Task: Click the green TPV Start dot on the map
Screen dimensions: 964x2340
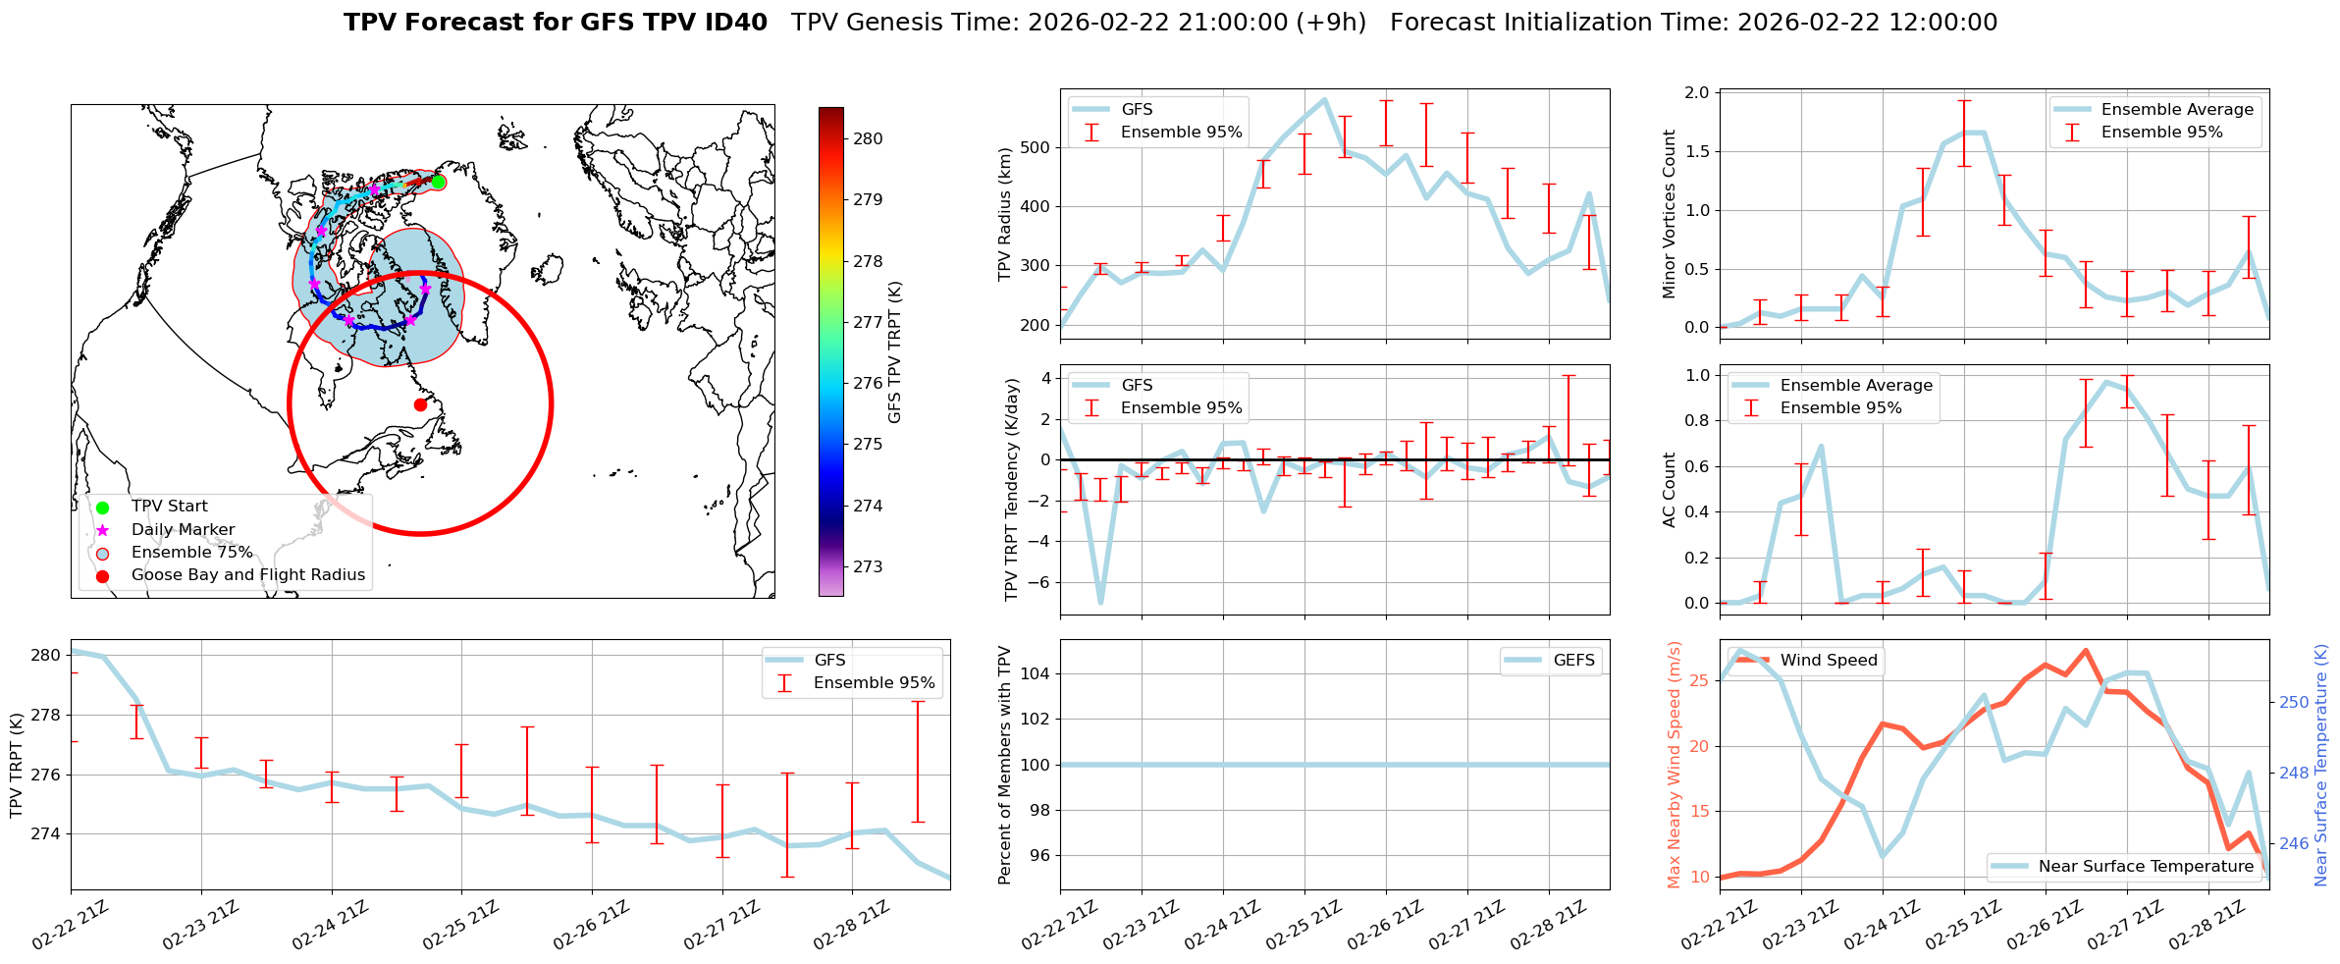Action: coord(439,183)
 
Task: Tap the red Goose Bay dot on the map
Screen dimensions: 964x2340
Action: coord(420,404)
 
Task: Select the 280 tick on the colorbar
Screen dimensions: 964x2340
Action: coord(868,138)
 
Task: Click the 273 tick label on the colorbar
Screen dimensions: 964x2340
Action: coord(868,566)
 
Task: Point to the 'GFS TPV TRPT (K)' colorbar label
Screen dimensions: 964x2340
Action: coord(894,352)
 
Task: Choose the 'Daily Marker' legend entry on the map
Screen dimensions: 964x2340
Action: coord(183,529)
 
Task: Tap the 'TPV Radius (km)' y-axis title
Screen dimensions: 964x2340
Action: coord(1004,214)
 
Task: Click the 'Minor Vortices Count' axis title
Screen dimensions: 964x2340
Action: coord(1669,214)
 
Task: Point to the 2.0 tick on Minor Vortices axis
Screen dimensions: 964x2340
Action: coord(1697,93)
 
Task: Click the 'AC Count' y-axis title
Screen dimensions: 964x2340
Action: coord(1669,490)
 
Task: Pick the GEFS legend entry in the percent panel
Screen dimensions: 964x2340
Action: coord(1573,661)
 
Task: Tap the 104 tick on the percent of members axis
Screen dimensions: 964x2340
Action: coord(1038,673)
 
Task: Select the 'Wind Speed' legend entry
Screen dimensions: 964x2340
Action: coord(1828,661)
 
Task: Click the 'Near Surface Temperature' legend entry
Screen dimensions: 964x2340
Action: coord(2145,867)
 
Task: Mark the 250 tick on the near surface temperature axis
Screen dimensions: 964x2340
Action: coord(2294,703)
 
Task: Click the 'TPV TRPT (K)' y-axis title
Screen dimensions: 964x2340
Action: coord(16,766)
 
